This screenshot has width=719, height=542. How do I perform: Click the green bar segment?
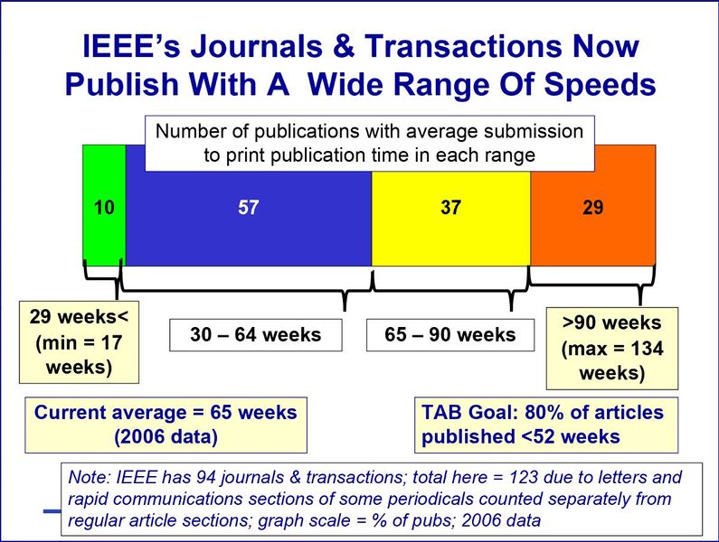click(104, 235)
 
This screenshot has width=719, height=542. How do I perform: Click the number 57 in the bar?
click(249, 208)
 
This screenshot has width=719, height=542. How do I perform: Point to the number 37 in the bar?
click(450, 208)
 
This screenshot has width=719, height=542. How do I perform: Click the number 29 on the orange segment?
click(593, 208)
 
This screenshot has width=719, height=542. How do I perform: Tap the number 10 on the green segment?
click(104, 208)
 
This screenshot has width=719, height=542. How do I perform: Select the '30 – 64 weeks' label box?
click(255, 335)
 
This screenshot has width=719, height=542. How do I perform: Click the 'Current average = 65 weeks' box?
click(165, 425)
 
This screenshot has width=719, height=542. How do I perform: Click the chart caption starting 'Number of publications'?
click(369, 142)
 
